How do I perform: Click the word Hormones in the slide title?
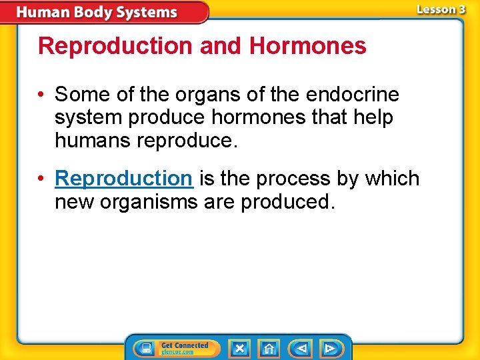[307, 46]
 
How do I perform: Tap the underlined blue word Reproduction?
[123, 179]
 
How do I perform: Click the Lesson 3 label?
[441, 9]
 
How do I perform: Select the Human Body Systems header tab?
[97, 12]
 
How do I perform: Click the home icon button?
[269, 348]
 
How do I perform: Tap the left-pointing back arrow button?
[301, 348]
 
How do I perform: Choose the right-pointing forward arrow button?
[329, 348]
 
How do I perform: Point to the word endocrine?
[352, 95]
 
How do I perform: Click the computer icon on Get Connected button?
[144, 348]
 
